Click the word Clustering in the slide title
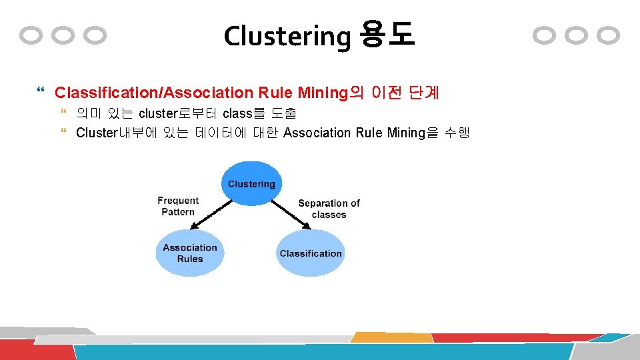point(287,36)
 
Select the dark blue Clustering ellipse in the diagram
point(251,183)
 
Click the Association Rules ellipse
point(190,253)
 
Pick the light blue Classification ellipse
point(310,253)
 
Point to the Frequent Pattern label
point(178,206)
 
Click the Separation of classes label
point(329,209)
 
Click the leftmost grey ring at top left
point(31,35)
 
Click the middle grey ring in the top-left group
point(64,35)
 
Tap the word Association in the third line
point(317,133)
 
